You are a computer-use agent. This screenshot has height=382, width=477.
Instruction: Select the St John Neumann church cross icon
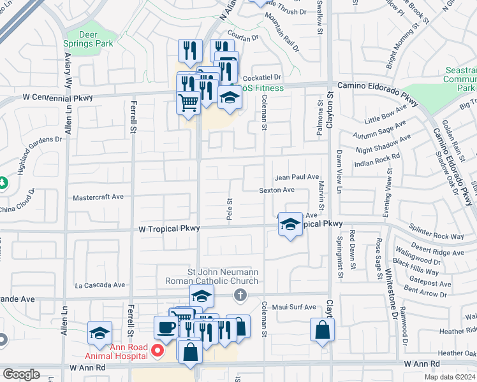(x=240, y=295)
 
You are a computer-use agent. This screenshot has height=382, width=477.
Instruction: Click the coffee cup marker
(x=166, y=327)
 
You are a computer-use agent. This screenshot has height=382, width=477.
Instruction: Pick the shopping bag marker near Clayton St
(x=322, y=330)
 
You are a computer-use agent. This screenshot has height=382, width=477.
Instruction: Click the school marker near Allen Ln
(x=100, y=333)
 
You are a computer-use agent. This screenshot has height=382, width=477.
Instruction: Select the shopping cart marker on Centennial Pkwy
(x=188, y=102)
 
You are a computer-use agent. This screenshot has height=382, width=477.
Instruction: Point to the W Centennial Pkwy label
(x=58, y=98)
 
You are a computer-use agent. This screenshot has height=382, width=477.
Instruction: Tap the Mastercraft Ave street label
(x=98, y=197)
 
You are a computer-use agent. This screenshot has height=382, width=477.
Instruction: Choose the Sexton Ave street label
(x=276, y=190)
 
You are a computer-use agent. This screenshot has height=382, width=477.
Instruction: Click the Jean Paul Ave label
(x=297, y=177)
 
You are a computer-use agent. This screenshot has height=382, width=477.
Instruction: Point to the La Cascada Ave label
(x=99, y=285)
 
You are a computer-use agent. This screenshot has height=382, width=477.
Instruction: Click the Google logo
(x=21, y=374)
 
